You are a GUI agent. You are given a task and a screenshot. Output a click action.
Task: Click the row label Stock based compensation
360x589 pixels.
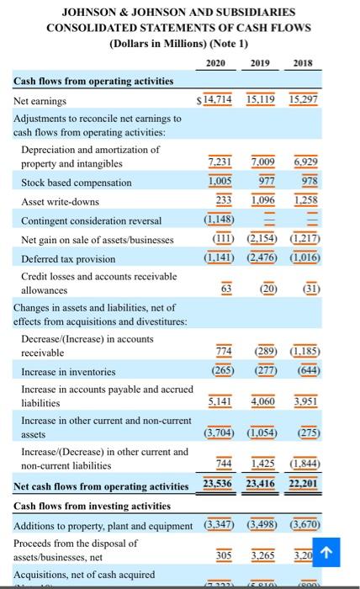76,183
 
